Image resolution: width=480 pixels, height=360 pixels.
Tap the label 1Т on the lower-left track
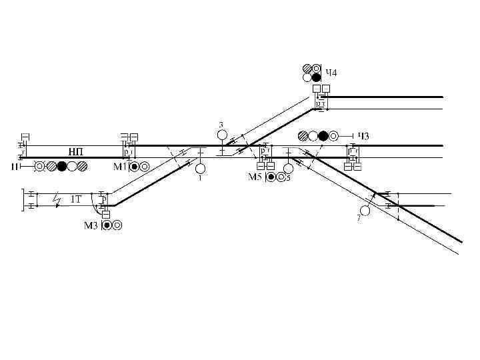tap(76, 199)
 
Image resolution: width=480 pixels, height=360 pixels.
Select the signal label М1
tap(121, 167)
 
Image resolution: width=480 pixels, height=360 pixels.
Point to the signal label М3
tap(91, 225)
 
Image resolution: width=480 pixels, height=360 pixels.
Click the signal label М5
tap(255, 177)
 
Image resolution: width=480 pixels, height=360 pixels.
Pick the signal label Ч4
tap(331, 72)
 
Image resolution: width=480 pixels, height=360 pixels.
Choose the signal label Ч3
tap(363, 136)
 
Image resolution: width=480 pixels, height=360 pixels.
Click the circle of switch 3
tap(222, 135)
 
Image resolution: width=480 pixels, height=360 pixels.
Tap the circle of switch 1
tap(200, 168)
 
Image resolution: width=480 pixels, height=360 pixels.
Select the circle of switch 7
tap(365, 211)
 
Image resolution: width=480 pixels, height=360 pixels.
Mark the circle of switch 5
tap(288, 168)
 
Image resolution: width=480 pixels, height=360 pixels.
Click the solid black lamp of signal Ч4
tap(317, 77)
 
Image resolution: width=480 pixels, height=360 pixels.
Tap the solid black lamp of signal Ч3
tap(323, 136)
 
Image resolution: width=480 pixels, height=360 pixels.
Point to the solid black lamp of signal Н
tap(62, 167)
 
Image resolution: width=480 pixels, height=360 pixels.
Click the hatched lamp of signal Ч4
tap(307, 68)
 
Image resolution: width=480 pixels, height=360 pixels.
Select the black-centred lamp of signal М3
tap(107, 225)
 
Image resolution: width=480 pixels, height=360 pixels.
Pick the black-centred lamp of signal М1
tap(135, 167)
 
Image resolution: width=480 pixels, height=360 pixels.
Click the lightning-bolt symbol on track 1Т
tap(59, 199)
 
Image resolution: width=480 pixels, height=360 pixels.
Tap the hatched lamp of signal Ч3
tap(303, 136)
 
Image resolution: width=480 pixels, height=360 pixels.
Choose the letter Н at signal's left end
tap(14, 167)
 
